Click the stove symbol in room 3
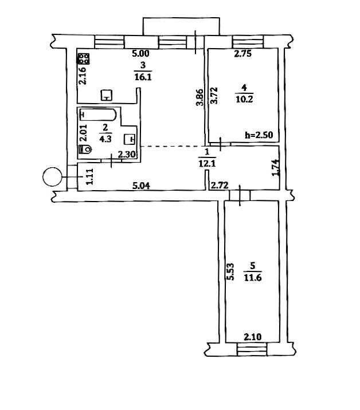(84, 58)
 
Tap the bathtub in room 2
(97, 115)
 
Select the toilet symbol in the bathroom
(85, 149)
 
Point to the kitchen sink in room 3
(107, 95)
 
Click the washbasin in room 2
(130, 139)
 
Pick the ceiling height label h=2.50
(259, 135)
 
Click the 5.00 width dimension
(140, 54)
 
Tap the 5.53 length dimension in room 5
(230, 271)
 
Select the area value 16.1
(143, 77)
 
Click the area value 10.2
(244, 100)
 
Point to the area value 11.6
(253, 277)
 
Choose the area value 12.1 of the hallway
(207, 164)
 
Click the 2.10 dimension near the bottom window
(253, 337)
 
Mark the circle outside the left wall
(52, 177)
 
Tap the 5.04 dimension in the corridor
(142, 186)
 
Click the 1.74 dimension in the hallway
(276, 168)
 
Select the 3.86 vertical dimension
(199, 97)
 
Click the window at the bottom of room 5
(252, 349)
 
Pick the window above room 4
(248, 42)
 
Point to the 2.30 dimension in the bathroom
(127, 155)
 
